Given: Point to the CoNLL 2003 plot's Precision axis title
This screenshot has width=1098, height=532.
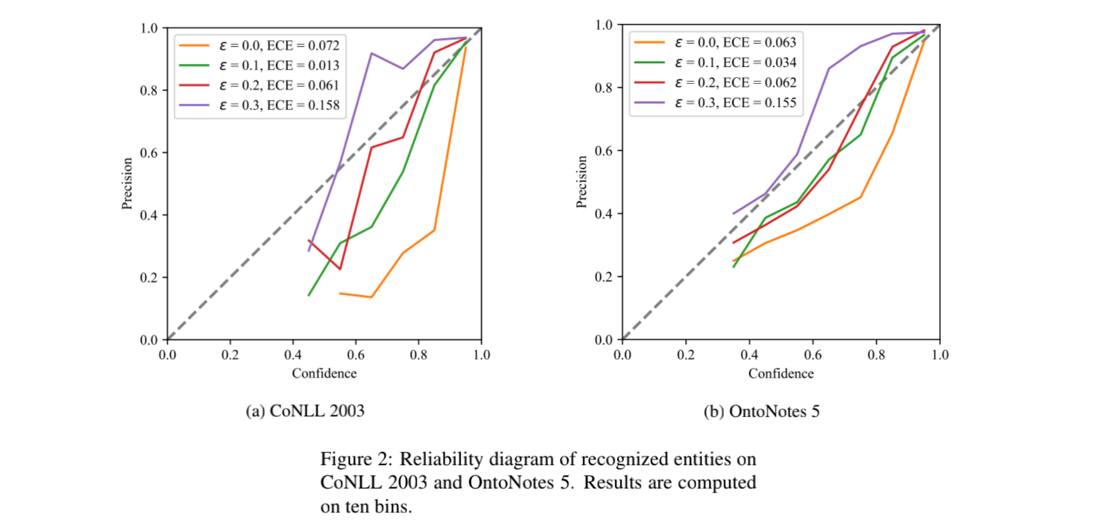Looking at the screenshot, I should (x=127, y=184).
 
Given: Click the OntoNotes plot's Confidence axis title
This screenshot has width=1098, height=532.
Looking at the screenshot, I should (x=781, y=374).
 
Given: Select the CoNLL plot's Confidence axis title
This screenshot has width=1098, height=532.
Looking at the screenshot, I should (x=324, y=374).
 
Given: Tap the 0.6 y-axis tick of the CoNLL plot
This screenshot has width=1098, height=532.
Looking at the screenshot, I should (x=149, y=153).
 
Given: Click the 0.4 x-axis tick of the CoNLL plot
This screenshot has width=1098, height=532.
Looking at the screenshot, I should (x=293, y=355).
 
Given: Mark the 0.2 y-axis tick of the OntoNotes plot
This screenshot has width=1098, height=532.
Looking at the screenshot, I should (x=604, y=277).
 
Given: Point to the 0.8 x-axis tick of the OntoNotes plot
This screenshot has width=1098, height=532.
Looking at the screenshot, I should (x=877, y=355).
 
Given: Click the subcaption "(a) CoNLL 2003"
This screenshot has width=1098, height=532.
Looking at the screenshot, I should (x=305, y=411).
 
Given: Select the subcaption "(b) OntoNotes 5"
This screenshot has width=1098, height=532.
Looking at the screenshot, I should (x=761, y=411).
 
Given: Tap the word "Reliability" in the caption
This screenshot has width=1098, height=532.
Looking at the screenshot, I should (x=441, y=459).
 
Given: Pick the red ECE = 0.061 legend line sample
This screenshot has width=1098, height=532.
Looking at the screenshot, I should (x=194, y=85).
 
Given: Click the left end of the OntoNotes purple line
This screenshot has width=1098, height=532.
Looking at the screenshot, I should (x=733, y=214).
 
